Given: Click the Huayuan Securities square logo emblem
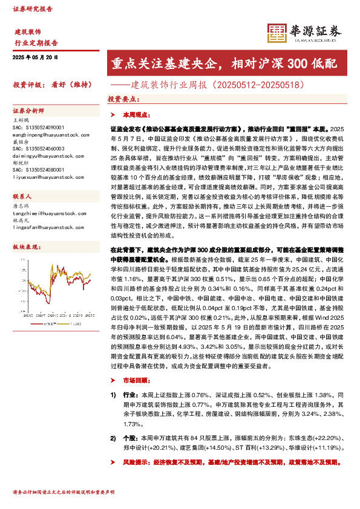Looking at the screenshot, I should pyautogui.click(x=276, y=34).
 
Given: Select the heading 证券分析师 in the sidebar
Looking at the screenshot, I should pyautogui.click(x=29, y=111).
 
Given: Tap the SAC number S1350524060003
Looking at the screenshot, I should pyautogui.click(x=38, y=148).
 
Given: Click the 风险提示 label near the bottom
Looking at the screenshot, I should pyautogui.click(x=135, y=461).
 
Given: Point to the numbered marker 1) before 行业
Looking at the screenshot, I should pyautogui.click(x=113, y=394).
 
